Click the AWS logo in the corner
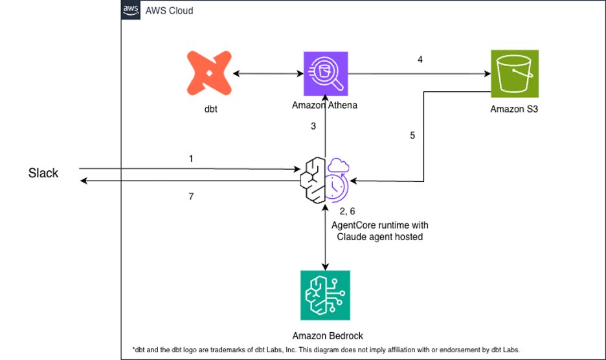(x=130, y=11)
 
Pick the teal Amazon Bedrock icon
(x=324, y=295)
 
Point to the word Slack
(x=43, y=174)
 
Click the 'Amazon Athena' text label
(x=324, y=106)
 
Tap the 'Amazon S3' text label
(x=514, y=109)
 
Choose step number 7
(x=191, y=196)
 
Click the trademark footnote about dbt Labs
(x=327, y=350)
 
